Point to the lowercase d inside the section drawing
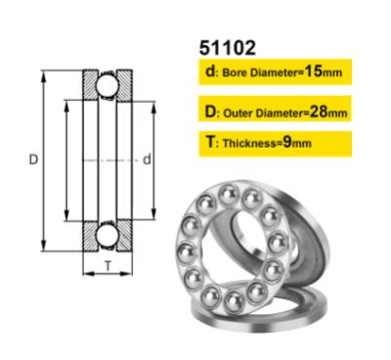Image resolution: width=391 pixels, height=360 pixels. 145,158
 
